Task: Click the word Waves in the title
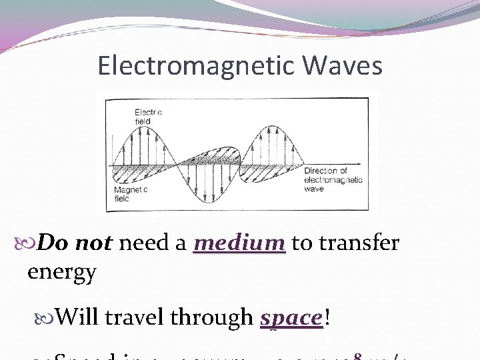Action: click(343, 65)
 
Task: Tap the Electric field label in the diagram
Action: click(148, 117)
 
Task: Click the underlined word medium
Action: click(239, 243)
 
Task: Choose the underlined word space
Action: click(291, 318)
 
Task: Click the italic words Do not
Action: click(75, 243)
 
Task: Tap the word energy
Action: click(61, 271)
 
